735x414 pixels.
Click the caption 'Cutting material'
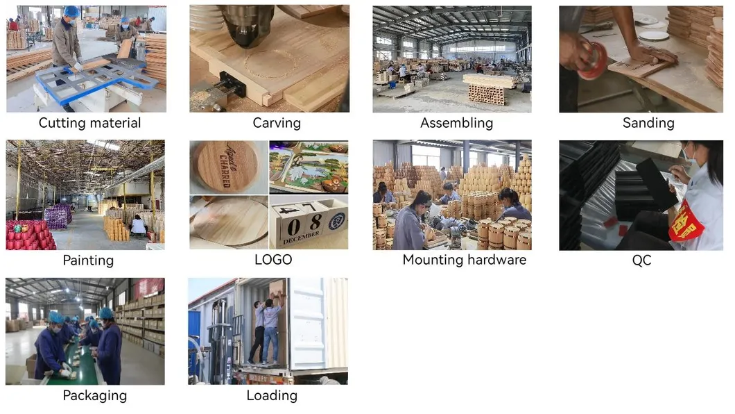click(89, 123)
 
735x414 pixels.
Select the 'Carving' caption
click(276, 123)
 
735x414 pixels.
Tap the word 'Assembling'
click(456, 123)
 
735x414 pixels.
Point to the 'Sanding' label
click(648, 123)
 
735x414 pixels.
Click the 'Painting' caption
click(88, 260)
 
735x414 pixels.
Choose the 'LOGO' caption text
click(273, 260)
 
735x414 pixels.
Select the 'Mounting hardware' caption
click(464, 260)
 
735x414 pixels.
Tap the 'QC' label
click(641, 260)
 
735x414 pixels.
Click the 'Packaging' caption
click(95, 395)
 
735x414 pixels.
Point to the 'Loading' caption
click(272, 395)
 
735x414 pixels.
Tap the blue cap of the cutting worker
click(71, 12)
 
